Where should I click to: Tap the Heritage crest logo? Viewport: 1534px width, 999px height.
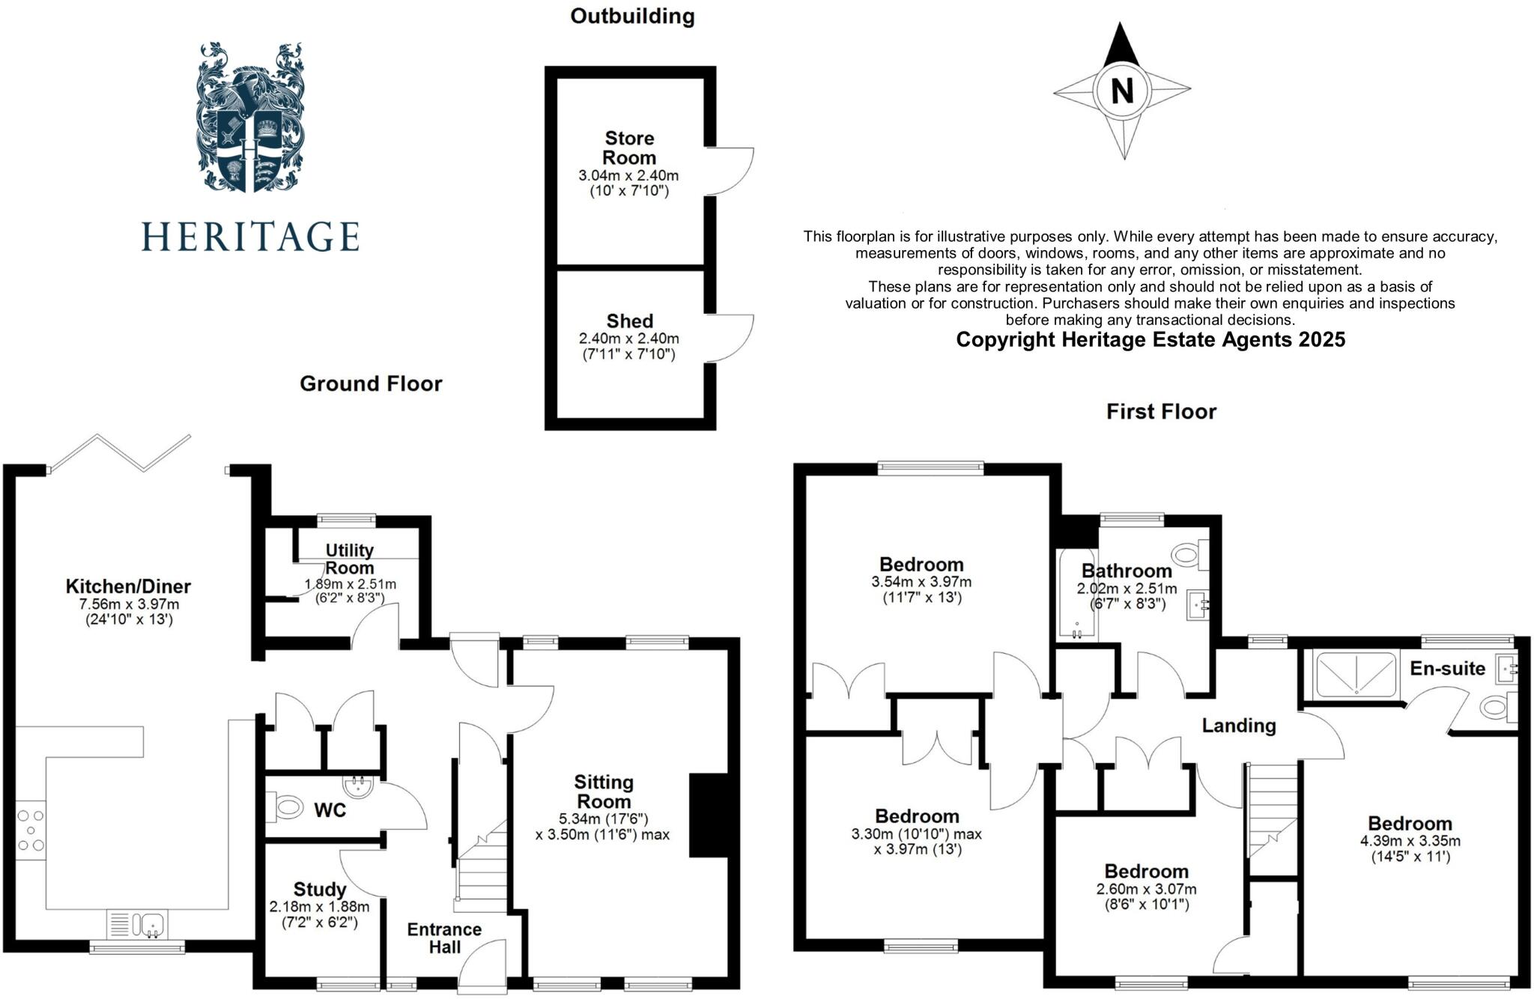point(249,118)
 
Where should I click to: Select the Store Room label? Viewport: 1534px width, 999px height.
point(629,148)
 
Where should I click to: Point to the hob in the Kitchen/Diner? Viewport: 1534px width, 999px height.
point(31,830)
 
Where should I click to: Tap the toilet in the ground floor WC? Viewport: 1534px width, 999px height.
point(284,808)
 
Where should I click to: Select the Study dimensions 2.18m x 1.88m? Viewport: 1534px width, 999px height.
point(319,907)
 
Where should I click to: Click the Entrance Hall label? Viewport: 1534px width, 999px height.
point(444,938)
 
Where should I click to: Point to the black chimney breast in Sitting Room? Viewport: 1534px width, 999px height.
point(708,815)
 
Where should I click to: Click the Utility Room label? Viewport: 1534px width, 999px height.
point(349,559)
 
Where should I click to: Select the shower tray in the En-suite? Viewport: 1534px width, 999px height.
point(1356,675)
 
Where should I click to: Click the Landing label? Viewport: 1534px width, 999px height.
point(1238,726)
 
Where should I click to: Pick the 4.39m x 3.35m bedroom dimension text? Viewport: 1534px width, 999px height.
point(1410,841)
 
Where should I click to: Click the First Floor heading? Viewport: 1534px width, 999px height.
point(1161,411)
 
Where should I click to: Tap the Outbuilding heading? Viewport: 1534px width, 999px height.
point(632,16)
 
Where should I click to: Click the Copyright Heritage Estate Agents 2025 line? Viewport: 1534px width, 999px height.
point(1150,340)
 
